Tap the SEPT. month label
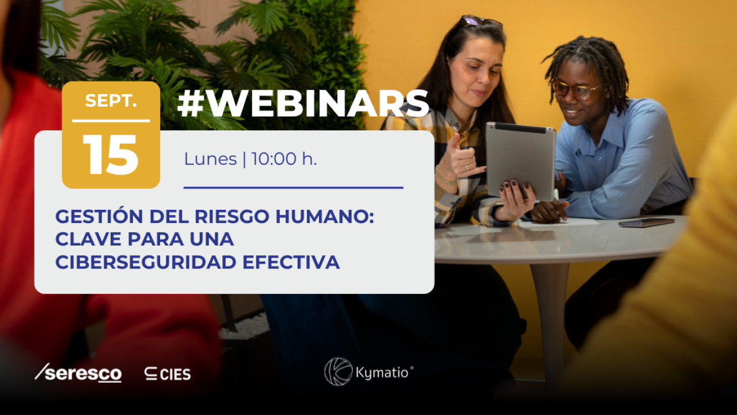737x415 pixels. (x=111, y=100)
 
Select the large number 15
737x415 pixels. (x=111, y=155)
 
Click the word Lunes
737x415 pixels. (x=210, y=159)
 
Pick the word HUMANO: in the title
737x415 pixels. (x=333, y=217)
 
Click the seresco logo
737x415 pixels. (x=78, y=373)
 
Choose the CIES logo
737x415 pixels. (x=168, y=374)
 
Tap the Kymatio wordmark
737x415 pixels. (x=385, y=372)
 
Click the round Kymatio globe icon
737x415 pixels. (x=338, y=372)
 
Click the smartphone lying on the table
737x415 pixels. (x=646, y=222)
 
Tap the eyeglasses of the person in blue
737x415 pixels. (x=577, y=89)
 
